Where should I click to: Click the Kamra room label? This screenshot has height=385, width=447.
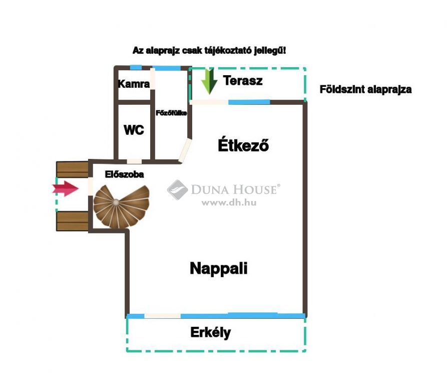pos(134,84)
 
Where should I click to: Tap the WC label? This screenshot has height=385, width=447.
pos(134,130)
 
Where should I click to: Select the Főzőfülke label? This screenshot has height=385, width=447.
pos(171,113)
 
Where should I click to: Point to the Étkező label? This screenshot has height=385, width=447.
pos(243,145)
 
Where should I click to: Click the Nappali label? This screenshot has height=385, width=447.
pos(219,268)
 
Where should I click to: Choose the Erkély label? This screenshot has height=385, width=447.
pos(211,332)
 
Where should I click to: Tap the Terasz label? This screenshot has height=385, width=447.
pos(243,81)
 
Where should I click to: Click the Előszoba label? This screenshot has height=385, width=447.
pos(124,174)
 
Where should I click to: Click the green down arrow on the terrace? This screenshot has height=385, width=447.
pos(209,81)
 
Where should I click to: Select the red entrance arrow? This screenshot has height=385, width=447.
pos(65,188)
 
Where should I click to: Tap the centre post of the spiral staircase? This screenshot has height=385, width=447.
pos(116,203)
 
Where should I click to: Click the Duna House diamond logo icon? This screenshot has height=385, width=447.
pos(177,190)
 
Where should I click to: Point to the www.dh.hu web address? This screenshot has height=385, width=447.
pos(229,203)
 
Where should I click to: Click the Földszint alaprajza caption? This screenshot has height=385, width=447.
pos(365,89)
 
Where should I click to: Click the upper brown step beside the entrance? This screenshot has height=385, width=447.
pos(73,169)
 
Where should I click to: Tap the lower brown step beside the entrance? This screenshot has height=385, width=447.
pos(73,221)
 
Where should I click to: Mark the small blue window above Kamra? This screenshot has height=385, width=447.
pos(136,68)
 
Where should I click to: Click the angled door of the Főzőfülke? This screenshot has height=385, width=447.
pos(185,150)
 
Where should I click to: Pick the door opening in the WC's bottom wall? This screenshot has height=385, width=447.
pos(134,161)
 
